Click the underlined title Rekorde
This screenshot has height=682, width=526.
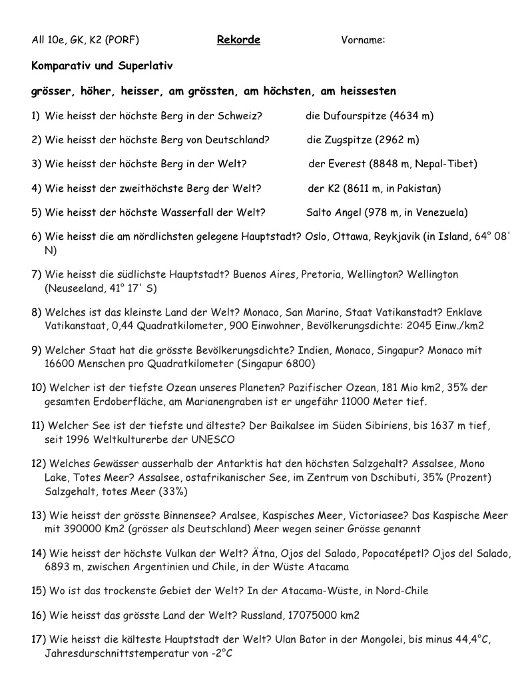pyautogui.click(x=238, y=40)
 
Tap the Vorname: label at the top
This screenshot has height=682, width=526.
pyautogui.click(x=363, y=40)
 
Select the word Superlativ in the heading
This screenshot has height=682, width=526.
pyautogui.click(x=146, y=66)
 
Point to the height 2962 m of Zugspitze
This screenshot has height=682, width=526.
pyautogui.click(x=397, y=140)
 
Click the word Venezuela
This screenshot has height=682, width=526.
pyautogui.click(x=439, y=212)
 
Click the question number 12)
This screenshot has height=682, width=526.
pyautogui.click(x=38, y=464)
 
